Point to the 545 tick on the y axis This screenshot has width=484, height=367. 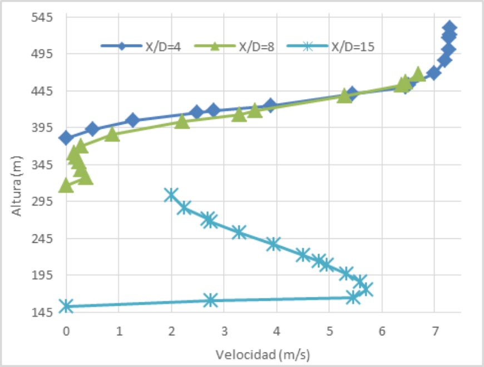pyautogui.click(x=43, y=17)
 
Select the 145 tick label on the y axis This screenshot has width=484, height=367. pyautogui.click(x=43, y=312)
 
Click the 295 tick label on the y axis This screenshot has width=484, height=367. pyautogui.click(x=43, y=202)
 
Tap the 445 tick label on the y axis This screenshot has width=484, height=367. pyautogui.click(x=43, y=91)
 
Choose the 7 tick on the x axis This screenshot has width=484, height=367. pyautogui.click(x=434, y=330)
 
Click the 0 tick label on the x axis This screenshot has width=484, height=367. pyautogui.click(x=66, y=330)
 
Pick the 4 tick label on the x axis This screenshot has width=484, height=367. pyautogui.click(x=276, y=330)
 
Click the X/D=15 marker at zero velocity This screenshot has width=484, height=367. pyautogui.click(x=66, y=306)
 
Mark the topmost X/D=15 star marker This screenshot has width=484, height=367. pyautogui.click(x=171, y=194)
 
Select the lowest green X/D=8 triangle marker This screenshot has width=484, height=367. pyautogui.click(x=66, y=184)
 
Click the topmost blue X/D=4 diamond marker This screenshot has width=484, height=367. pyautogui.click(x=450, y=28)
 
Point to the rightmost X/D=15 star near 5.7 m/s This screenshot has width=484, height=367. pyautogui.click(x=366, y=289)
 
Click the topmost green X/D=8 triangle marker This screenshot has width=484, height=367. pyautogui.click(x=418, y=74)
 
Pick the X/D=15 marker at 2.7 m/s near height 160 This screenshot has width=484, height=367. pyautogui.click(x=210, y=300)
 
